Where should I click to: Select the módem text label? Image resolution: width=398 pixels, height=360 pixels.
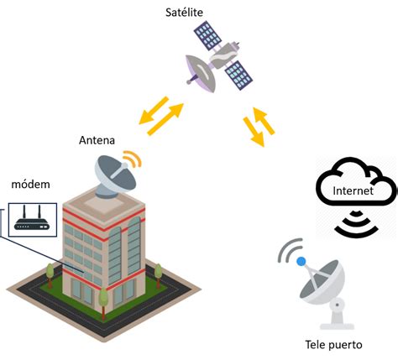click(x=29, y=185)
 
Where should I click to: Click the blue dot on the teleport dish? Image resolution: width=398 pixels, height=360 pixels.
click(x=301, y=262)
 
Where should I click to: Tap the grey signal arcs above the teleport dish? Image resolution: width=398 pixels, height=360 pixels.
click(x=290, y=249)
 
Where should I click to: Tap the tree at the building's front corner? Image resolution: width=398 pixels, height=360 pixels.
click(x=103, y=296)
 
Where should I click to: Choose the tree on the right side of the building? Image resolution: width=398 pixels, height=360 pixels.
click(x=156, y=270)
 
